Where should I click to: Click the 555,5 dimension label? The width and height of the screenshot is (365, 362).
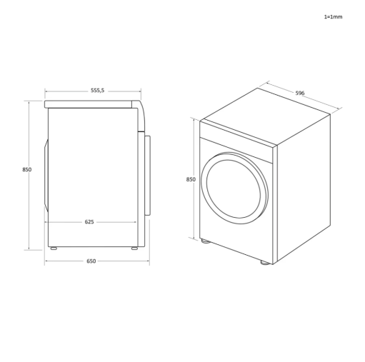[98, 91]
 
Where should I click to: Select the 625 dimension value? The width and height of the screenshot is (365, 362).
[89, 222]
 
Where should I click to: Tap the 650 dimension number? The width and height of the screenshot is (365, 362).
[91, 261]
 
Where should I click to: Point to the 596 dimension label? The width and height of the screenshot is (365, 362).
[300, 93]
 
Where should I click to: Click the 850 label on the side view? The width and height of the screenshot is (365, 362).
[26, 169]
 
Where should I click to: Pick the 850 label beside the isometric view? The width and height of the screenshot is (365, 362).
[191, 179]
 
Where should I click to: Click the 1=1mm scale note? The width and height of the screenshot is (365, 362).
[333, 16]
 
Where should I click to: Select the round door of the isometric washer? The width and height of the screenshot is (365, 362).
[234, 188]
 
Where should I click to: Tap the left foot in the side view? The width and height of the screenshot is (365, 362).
[54, 248]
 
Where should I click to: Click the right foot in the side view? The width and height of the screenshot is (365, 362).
[134, 248]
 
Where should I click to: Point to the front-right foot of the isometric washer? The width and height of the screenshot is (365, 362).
[266, 262]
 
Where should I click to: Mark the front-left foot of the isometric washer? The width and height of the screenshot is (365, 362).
[206, 241]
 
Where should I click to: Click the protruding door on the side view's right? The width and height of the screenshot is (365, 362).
[148, 174]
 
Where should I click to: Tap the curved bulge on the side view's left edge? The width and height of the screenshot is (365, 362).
[46, 175]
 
